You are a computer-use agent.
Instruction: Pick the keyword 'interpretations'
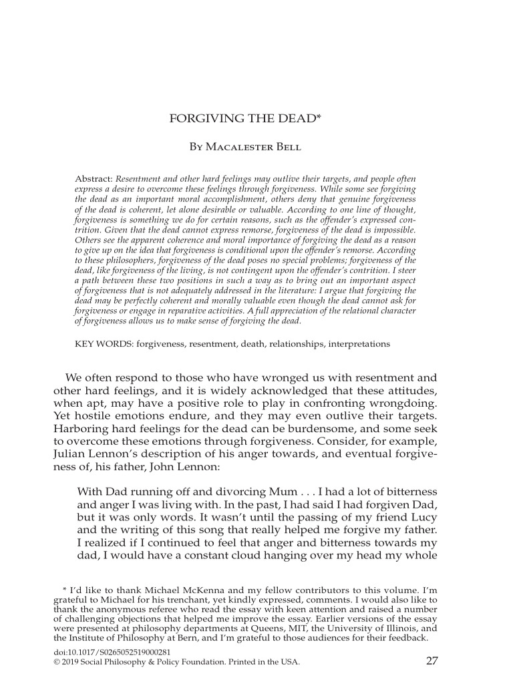357,343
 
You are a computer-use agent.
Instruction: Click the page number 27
431,661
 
